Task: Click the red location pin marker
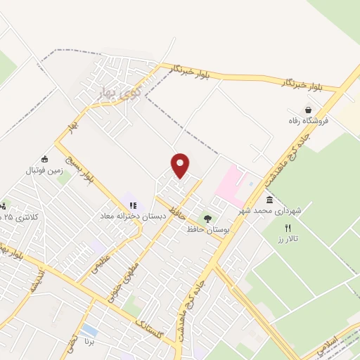tap(181, 165)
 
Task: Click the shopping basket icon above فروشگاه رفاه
tap(309, 110)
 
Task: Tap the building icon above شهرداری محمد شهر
tap(269, 200)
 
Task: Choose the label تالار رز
tap(286, 239)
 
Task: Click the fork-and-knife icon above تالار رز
tap(287, 228)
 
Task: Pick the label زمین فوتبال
tap(44, 170)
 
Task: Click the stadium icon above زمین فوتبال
tap(45, 159)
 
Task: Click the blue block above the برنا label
tap(89, 330)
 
